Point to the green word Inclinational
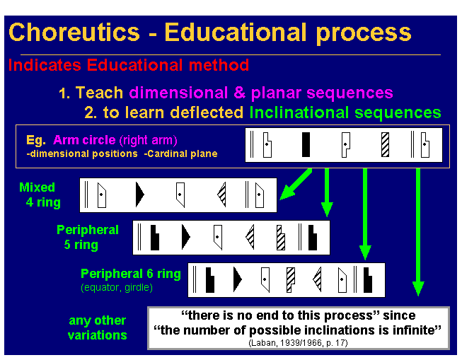click(x=297, y=112)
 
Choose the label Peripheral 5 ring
click(x=88, y=238)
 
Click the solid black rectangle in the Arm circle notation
click(x=306, y=144)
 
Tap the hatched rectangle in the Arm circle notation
click(x=385, y=144)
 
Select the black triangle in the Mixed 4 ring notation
click(x=139, y=194)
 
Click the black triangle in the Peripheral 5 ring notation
click(x=186, y=237)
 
